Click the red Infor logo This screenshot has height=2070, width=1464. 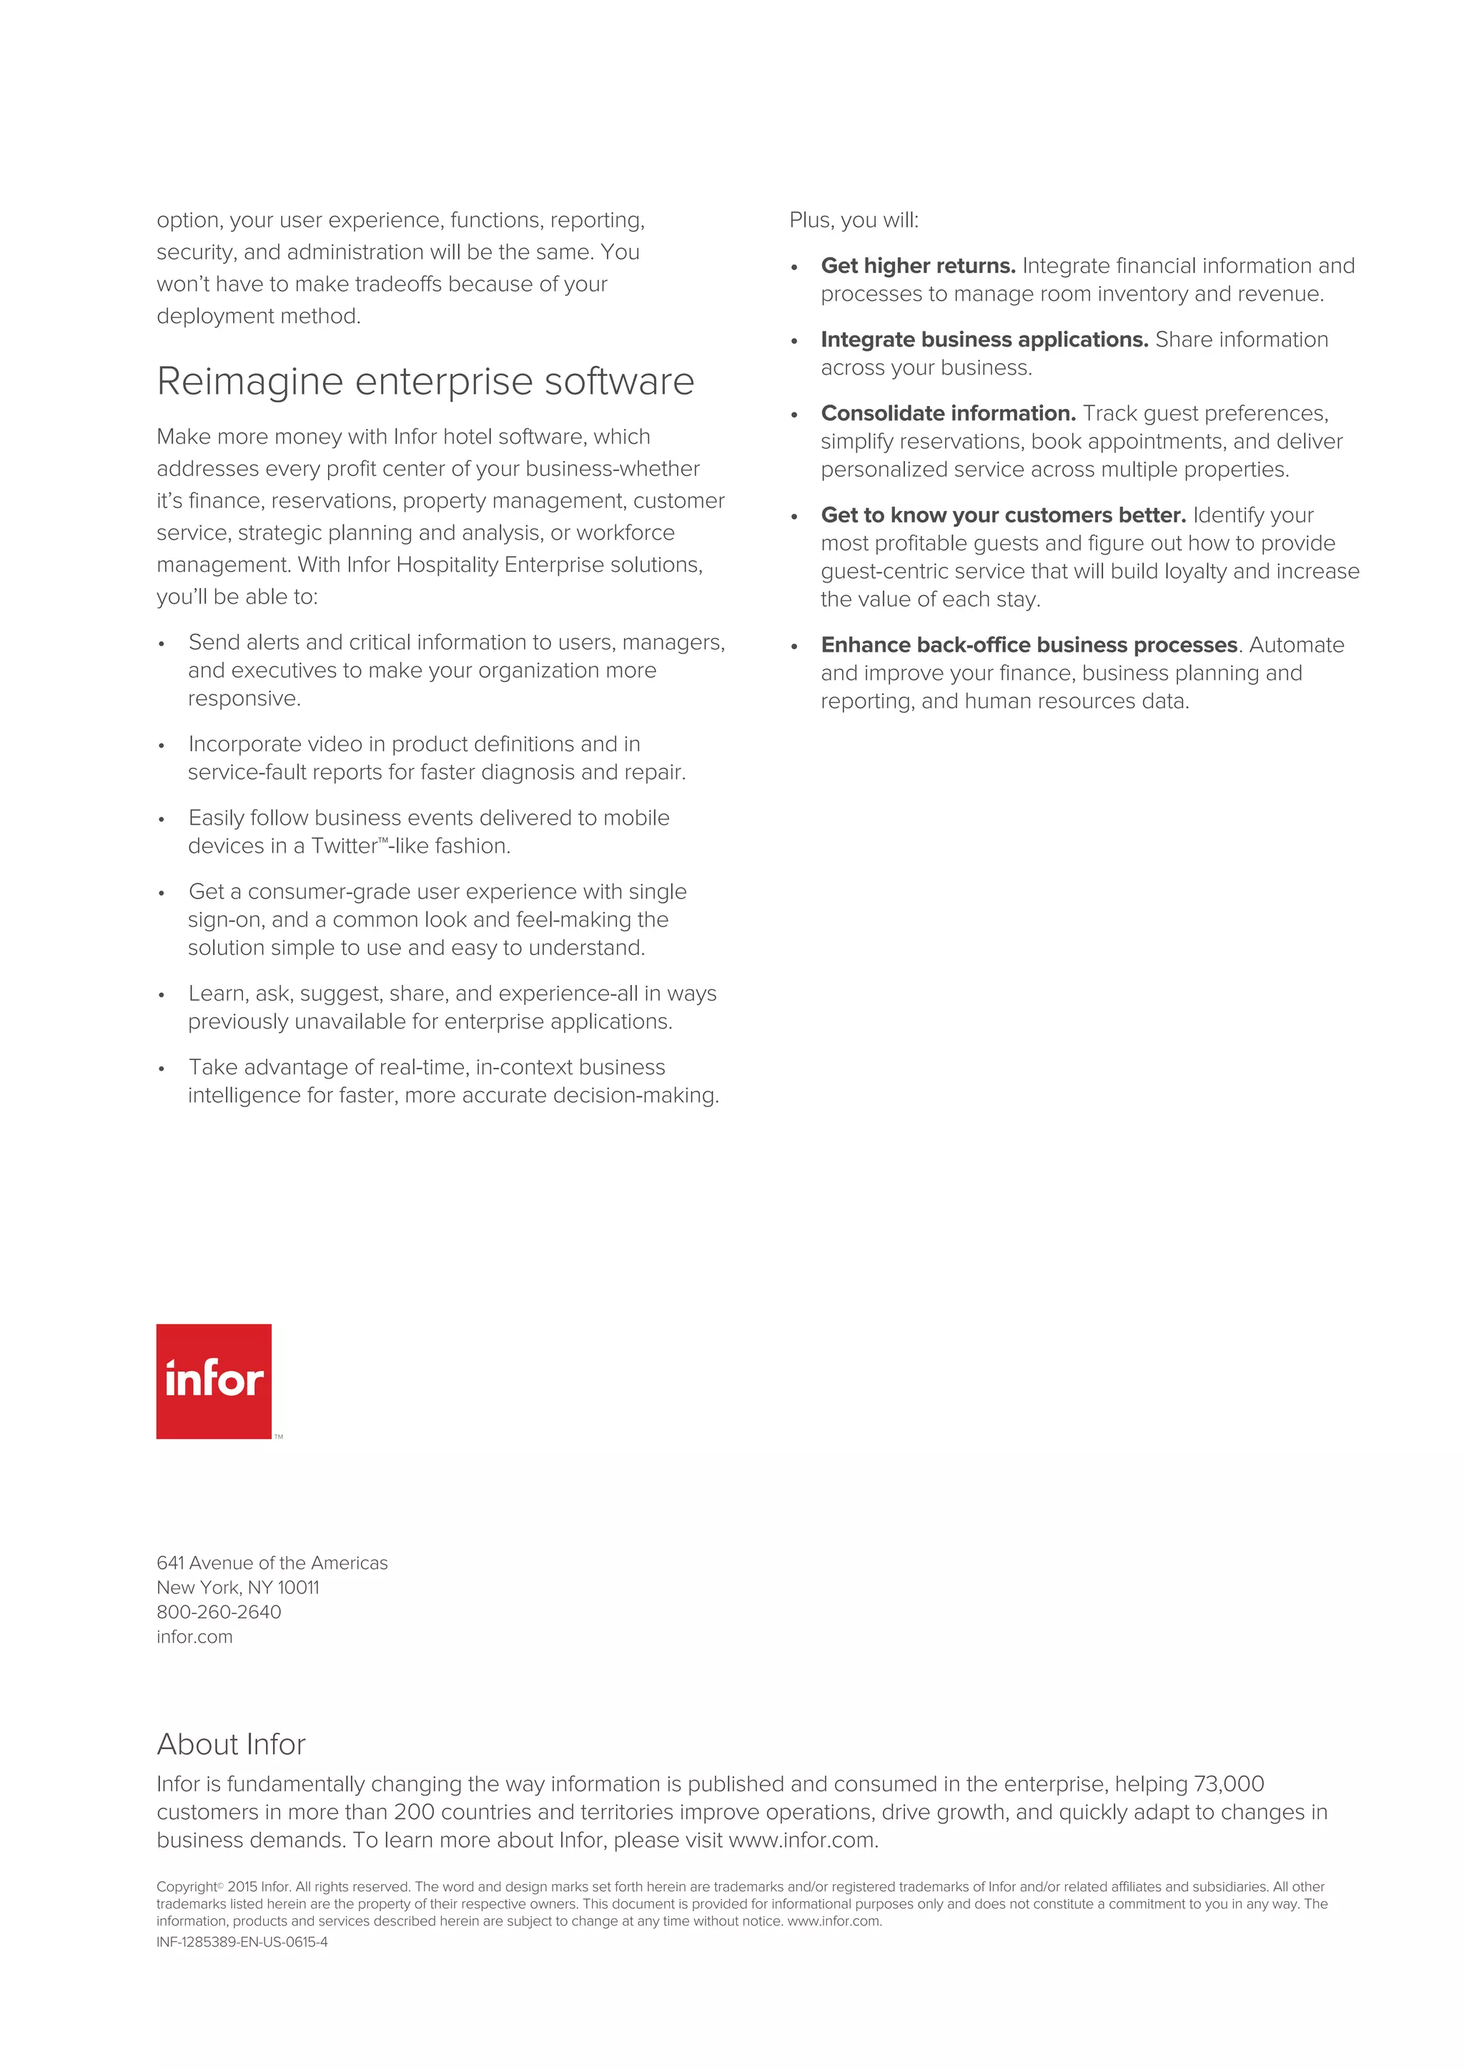click(214, 1380)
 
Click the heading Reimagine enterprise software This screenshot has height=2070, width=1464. click(425, 382)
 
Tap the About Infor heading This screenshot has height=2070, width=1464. click(231, 1745)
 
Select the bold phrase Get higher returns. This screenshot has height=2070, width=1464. click(918, 266)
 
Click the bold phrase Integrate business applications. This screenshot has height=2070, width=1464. click(984, 340)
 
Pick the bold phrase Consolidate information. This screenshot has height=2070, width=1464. click(947, 414)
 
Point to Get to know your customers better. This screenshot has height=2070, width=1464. click(1002, 515)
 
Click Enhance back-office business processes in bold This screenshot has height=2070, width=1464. click(1029, 645)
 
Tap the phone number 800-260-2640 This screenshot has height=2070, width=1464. click(218, 1612)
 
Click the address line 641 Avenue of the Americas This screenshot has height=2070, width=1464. click(272, 1563)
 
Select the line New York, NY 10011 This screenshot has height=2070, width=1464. click(237, 1588)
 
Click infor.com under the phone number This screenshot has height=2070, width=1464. click(194, 1638)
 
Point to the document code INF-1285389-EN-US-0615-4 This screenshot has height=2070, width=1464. click(242, 1942)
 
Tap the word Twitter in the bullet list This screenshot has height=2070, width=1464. click(345, 846)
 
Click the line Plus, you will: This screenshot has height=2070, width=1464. click(854, 221)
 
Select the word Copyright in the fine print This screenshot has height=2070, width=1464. click(187, 1887)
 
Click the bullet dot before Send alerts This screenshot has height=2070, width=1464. click(162, 645)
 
